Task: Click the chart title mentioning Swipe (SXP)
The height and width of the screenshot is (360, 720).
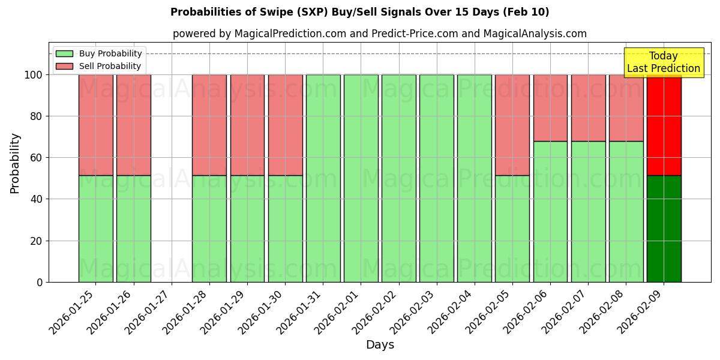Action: point(359,12)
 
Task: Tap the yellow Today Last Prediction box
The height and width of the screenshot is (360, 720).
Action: point(663,62)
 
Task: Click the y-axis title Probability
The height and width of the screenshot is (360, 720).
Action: point(15,163)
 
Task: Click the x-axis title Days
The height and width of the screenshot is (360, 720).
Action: point(380,345)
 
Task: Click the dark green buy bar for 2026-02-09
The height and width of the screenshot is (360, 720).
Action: point(664,229)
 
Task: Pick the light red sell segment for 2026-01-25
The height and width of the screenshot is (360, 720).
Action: point(95,125)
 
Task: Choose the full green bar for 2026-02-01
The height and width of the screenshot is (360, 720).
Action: point(361,178)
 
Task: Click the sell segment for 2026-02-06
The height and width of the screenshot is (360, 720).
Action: point(550,108)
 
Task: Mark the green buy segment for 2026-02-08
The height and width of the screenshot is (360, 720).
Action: point(626,212)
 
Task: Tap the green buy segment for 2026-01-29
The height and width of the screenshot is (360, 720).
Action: point(247,229)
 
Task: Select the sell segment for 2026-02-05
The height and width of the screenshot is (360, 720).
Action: point(512,125)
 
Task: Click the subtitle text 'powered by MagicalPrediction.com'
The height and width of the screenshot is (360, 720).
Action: point(259,34)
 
